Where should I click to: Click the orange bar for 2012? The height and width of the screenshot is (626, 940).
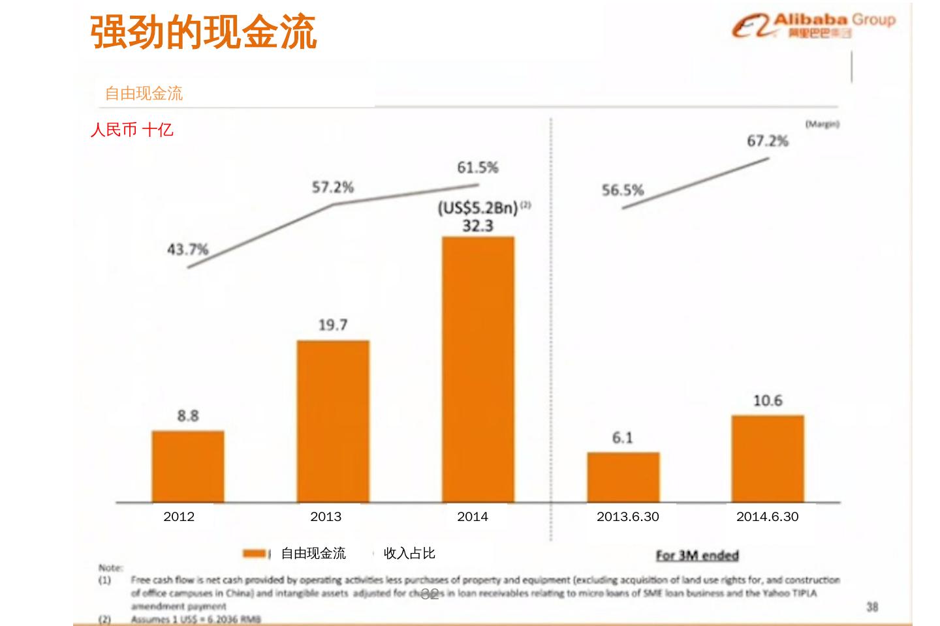(188, 466)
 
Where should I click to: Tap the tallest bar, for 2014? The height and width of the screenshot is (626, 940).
(478, 369)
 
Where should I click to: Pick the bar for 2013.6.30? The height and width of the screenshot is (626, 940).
(623, 477)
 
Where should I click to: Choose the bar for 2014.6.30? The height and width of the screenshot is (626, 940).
(768, 458)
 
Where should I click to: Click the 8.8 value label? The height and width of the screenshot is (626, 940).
(188, 415)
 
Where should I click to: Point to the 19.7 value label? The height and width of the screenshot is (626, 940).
(333, 325)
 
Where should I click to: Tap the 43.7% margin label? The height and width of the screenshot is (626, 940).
(188, 249)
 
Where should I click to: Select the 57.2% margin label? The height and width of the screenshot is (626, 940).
(333, 188)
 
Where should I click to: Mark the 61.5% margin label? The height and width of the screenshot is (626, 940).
(478, 168)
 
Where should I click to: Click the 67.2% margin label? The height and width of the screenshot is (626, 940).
(768, 141)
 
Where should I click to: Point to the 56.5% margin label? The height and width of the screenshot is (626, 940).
(623, 190)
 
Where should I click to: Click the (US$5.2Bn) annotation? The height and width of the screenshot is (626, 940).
(478, 208)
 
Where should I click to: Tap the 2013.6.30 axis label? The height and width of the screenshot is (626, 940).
(627, 517)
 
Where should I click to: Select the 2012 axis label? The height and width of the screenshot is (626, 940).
(179, 517)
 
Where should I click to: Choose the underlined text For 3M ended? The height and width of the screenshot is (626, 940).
(697, 555)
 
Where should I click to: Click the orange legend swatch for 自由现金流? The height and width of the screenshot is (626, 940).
(255, 554)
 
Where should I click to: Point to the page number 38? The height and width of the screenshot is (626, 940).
(872, 606)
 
